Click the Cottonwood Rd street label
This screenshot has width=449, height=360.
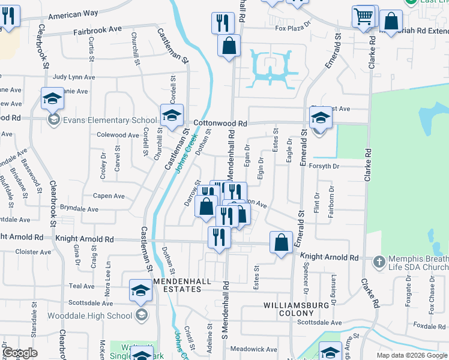221,123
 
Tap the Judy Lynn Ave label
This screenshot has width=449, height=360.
74,77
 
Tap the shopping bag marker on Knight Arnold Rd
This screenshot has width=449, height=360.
281,242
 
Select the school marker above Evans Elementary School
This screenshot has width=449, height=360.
52,98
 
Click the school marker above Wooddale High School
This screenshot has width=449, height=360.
140,291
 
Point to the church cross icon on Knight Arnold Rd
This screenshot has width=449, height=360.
378,262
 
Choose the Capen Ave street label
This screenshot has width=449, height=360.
109,196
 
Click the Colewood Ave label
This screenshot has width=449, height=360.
118,136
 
